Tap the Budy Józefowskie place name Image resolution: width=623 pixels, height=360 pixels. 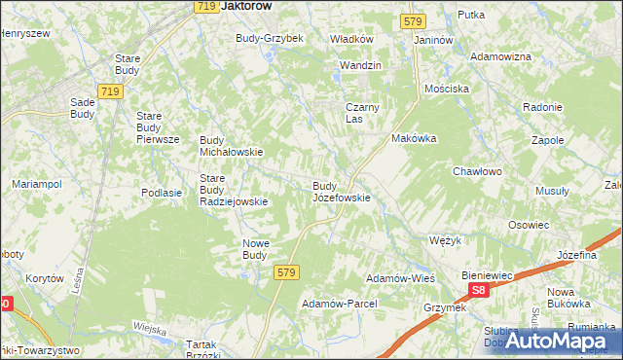pos(340,191)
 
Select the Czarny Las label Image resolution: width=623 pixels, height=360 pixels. pos(361,113)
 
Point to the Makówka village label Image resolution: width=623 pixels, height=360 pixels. pos(414,138)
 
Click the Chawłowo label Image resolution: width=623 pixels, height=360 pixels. pos(476,171)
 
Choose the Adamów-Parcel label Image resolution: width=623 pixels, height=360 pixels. pos(339,304)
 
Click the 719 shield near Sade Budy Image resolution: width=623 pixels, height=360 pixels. pos(110,91)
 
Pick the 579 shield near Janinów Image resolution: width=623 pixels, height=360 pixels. pos(412,20)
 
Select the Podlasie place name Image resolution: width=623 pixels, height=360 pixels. pos(162,193)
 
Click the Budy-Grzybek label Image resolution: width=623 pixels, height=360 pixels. pos(270,38)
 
